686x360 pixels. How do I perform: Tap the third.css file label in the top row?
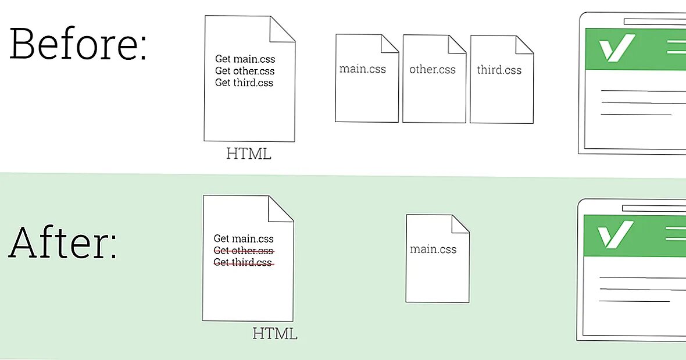tap(499, 70)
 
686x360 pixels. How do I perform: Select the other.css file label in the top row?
tap(433, 69)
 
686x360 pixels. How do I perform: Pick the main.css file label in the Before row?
tap(363, 69)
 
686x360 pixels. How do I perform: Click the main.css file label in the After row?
tap(433, 249)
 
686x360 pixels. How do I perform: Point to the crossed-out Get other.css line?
tap(244, 251)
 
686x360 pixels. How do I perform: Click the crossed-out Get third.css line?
tap(243, 262)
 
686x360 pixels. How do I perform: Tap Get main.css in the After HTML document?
tap(244, 238)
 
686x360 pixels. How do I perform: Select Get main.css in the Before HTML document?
tap(245, 59)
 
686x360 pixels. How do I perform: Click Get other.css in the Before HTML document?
tap(245, 71)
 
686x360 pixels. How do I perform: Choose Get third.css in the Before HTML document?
tap(244, 83)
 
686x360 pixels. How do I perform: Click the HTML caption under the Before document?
tap(249, 154)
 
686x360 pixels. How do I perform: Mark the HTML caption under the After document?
tap(275, 334)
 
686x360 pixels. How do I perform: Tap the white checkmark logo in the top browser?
tap(616, 48)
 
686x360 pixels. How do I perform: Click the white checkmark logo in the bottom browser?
tap(614, 234)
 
